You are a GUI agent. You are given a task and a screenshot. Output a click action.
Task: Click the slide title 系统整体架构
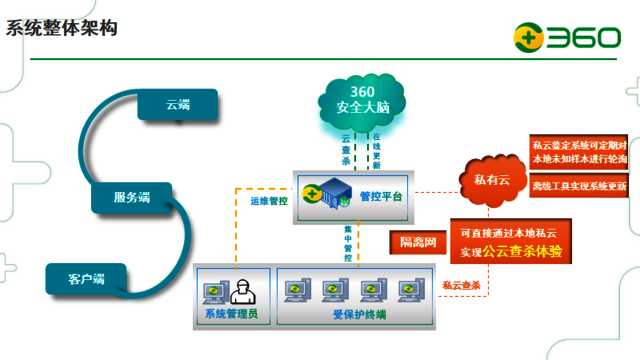[x=61, y=27]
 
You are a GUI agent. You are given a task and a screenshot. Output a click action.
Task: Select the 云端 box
[x=178, y=104]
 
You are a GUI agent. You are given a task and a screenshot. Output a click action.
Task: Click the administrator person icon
[x=239, y=291]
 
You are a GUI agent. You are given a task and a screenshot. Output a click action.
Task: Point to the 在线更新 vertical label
[x=377, y=150]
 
